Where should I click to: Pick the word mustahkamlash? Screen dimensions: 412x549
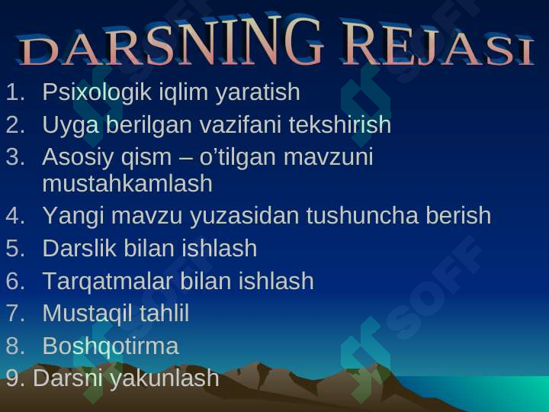click(127, 184)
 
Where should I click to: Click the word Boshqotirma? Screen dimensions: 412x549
click(111, 346)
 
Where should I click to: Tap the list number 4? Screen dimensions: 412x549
click(15, 217)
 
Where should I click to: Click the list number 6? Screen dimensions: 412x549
click(15, 282)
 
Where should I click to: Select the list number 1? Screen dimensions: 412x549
click(15, 93)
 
